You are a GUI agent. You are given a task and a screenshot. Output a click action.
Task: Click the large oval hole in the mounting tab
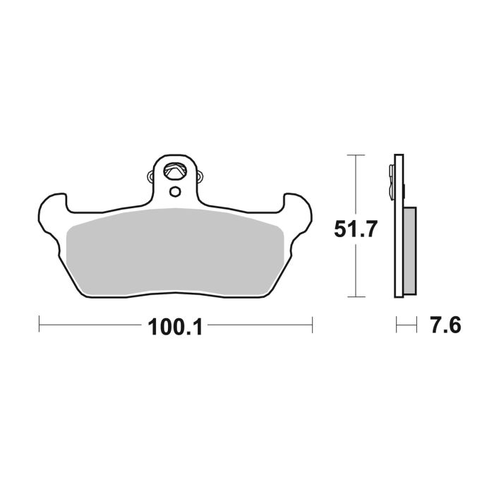[174, 170]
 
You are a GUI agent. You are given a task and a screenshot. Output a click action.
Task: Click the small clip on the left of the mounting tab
[148, 176]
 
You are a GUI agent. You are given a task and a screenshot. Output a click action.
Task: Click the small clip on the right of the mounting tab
[201, 176]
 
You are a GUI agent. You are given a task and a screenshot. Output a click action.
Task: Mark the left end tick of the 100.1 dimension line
[39, 325]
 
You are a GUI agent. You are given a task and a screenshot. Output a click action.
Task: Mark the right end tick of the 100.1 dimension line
[312, 325]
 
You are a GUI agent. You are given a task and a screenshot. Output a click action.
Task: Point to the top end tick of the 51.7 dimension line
[357, 155]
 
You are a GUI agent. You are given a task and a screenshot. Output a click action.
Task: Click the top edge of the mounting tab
[175, 156]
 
